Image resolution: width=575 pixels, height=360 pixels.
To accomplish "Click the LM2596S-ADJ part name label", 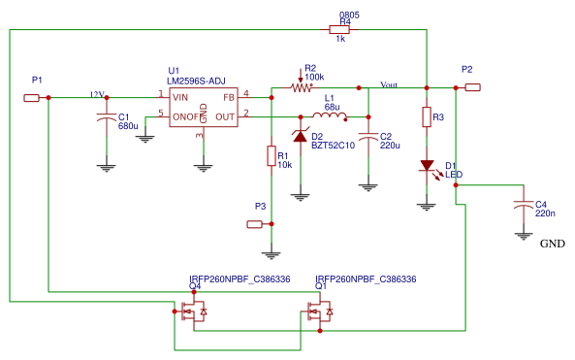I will (197, 81).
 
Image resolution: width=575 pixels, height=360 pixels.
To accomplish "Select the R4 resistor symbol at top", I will (345, 29).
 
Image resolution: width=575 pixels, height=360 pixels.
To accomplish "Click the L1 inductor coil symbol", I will (331, 116).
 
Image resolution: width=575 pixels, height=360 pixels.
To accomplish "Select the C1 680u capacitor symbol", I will (106, 117).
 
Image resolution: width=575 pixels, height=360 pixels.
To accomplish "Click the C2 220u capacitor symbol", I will (367, 137).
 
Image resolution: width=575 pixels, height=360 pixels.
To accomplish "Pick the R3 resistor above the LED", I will (426, 117).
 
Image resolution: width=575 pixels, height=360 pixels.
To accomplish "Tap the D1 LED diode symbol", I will (426, 166).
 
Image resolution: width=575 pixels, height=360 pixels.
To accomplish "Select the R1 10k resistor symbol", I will (271, 155).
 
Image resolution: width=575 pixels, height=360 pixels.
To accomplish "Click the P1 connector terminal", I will (32, 97).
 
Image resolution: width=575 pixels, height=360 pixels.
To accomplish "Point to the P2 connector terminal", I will (472, 87).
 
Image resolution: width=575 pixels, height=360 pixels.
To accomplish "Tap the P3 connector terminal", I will (255, 224).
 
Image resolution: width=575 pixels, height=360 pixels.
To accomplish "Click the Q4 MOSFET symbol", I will (194, 311).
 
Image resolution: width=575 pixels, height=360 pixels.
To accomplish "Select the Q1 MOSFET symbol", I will (320, 311).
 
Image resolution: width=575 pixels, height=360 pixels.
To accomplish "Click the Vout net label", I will (389, 83).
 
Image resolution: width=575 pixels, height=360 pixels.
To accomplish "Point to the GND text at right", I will (552, 245).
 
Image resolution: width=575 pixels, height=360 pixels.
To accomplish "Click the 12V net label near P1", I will (96, 94).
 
